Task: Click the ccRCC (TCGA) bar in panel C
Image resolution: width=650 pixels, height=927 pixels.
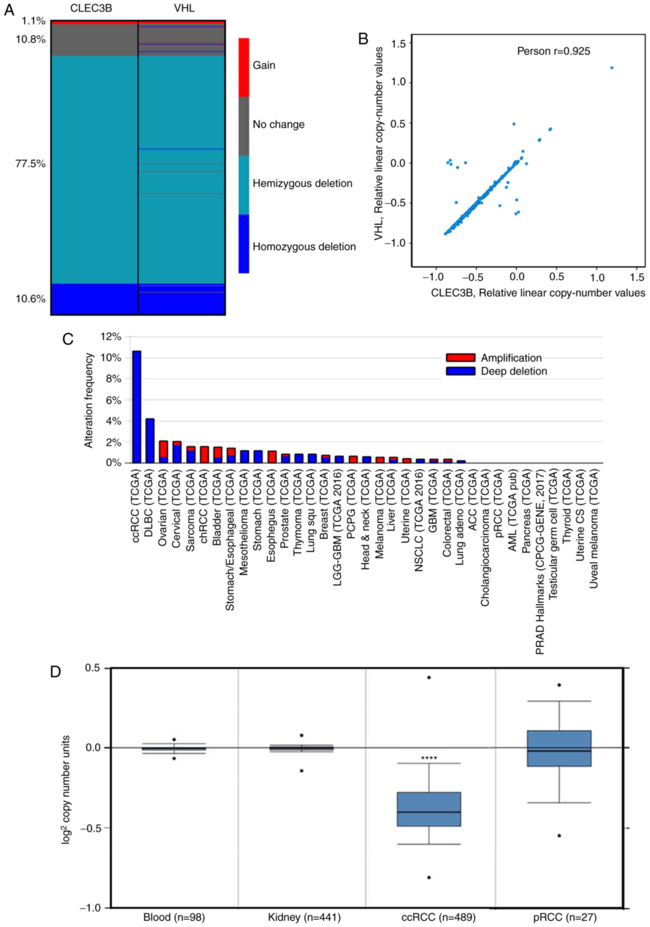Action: pos(137,407)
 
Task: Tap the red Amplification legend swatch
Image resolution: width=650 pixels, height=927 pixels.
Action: pos(460,358)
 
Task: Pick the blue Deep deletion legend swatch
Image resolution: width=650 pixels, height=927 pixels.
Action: pos(460,371)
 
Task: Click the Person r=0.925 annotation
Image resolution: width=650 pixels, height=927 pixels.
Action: pos(553,51)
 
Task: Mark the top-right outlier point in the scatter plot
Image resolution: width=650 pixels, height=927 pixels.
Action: pos(612,68)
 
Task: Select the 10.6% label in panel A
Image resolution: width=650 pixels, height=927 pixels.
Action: pos(31,299)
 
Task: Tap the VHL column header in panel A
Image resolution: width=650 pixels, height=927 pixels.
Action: pos(184,8)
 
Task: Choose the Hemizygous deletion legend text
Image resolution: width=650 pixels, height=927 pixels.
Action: pos(302,183)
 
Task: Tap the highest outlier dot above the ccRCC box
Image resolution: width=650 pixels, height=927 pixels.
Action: pos(429,677)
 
